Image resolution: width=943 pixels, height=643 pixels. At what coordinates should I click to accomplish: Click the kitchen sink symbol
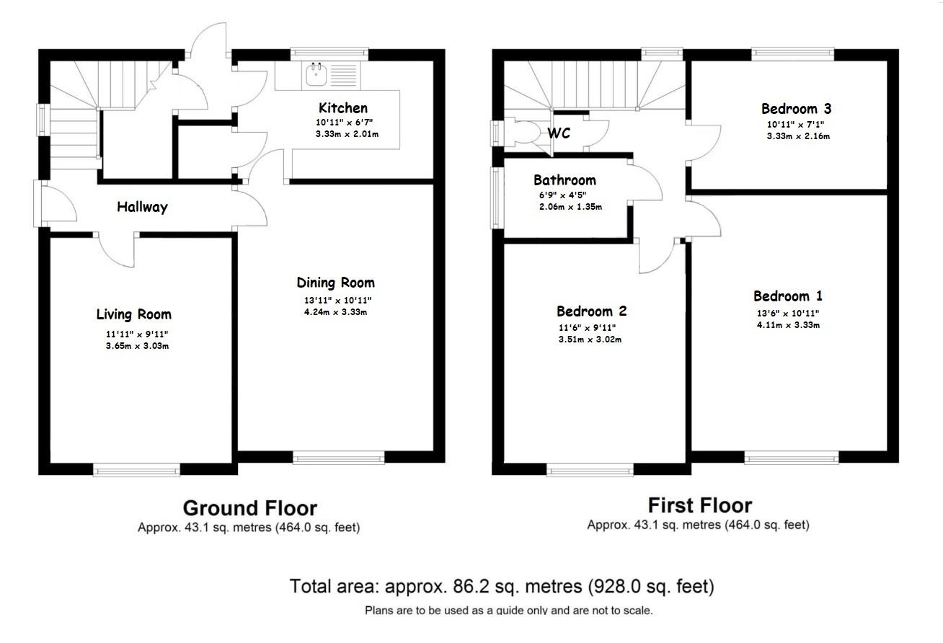[316, 72]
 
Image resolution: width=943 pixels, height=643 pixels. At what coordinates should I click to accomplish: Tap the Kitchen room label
[343, 108]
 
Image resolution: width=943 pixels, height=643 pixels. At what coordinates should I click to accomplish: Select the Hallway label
[142, 208]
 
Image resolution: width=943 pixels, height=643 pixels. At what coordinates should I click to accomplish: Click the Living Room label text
[134, 314]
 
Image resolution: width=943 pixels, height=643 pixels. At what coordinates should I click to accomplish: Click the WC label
[559, 133]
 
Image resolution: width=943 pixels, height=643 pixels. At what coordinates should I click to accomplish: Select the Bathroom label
[565, 180]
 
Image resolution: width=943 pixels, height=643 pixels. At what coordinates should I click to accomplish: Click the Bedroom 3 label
[796, 109]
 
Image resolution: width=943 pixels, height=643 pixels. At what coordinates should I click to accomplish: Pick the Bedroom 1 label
[787, 296]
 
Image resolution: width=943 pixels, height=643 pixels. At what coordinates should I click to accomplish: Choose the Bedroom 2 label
[591, 311]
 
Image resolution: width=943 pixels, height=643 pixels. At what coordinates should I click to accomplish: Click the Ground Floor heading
[249, 508]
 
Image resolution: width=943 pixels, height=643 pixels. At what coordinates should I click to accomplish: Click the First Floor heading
[699, 505]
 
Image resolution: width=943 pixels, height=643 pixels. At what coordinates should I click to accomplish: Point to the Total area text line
[502, 586]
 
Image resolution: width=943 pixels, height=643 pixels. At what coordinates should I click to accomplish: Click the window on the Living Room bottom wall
[136, 470]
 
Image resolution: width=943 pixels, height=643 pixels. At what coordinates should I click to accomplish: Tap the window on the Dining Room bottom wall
[338, 457]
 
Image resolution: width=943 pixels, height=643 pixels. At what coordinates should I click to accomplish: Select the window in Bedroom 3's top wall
[792, 53]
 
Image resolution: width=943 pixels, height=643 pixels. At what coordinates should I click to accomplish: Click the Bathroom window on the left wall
[497, 198]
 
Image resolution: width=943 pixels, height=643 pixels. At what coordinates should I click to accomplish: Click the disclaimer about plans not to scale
[508, 611]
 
